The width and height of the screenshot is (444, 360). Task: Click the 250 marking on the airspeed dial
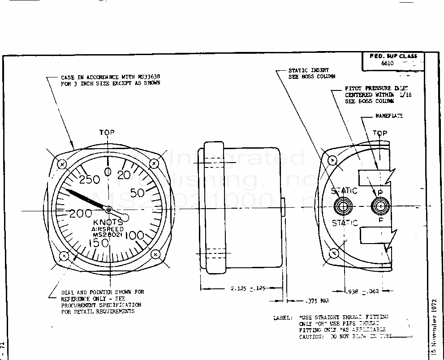pos(89,180)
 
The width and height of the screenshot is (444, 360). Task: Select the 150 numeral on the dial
pos(99,243)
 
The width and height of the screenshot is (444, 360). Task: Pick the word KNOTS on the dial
pos(108,223)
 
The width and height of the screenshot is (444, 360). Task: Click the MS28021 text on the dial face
pos(108,234)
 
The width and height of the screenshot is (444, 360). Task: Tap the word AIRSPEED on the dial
pos(108,229)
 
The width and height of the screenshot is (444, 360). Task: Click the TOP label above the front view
pos(107,133)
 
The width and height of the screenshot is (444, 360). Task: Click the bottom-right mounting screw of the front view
pos(155,254)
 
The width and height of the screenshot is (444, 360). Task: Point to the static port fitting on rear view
pos(344,207)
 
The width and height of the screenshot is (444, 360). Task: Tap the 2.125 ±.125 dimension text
pos(245,289)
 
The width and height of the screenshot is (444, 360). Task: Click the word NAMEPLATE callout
pos(389,116)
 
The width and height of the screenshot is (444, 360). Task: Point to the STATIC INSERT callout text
pos(308,70)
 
